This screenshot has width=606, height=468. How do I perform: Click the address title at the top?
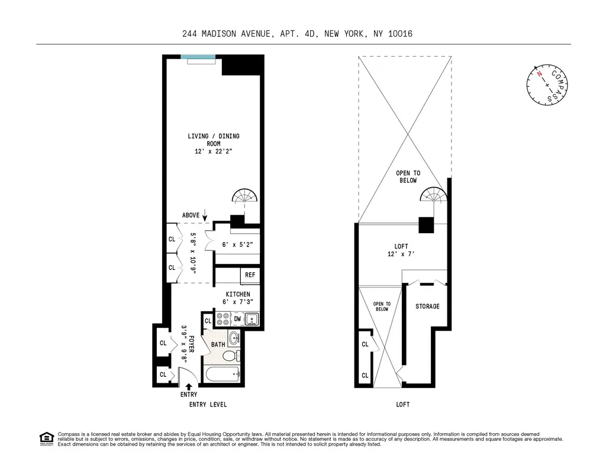coord(297,34)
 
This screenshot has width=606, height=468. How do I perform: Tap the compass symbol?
coord(547,85)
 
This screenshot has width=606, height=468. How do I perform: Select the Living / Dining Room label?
coord(214,144)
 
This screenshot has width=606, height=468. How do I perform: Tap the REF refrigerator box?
coord(249,275)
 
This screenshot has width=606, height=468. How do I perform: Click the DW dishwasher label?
coord(237,319)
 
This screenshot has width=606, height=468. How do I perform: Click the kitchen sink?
coord(253,319)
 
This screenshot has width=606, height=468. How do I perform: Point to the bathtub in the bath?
coord(221,374)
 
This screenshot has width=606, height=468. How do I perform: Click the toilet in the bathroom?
coord(233,355)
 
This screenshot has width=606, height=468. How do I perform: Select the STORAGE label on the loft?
coord(427,306)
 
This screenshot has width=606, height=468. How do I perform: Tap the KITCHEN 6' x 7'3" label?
coord(238,298)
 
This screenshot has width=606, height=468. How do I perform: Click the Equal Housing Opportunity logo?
coord(46,438)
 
